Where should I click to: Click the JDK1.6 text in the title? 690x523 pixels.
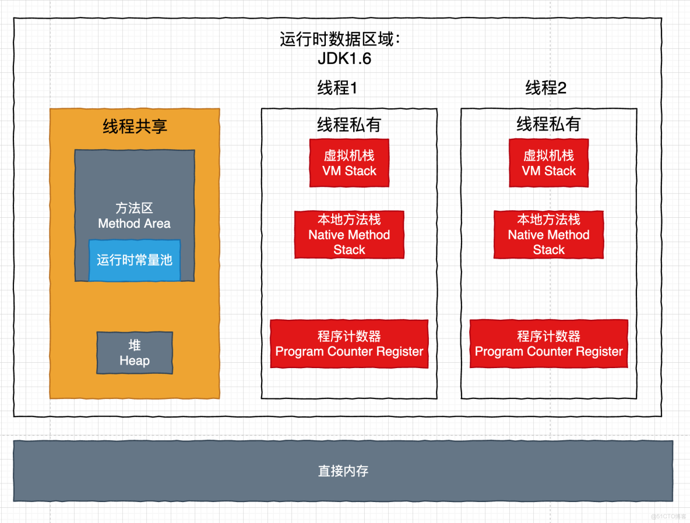[x=344, y=59]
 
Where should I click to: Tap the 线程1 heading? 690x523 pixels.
[x=337, y=89]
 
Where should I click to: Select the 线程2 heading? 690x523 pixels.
[x=545, y=89]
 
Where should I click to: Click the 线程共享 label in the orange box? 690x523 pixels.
[x=135, y=126]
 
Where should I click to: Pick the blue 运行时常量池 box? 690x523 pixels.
[x=135, y=260]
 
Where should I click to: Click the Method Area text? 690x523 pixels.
[x=134, y=224]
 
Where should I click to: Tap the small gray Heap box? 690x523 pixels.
[x=135, y=353]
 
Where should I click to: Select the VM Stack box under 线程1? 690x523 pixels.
[x=349, y=163]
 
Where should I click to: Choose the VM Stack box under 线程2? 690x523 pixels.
[x=548, y=163]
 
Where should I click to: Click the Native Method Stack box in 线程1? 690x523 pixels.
[x=349, y=235]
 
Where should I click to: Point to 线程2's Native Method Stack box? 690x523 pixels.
[x=548, y=235]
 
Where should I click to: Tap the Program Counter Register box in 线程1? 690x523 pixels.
[x=349, y=344]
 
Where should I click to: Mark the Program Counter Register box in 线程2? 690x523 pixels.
[x=548, y=344]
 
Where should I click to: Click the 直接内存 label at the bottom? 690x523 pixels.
[x=343, y=471]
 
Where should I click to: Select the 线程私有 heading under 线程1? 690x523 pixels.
[x=349, y=125]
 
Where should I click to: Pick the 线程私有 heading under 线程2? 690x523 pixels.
[x=548, y=125]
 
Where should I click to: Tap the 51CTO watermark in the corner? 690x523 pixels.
[x=668, y=516]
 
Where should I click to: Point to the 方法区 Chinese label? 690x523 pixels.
[x=134, y=209]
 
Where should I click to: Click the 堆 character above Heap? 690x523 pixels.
[x=135, y=345]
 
